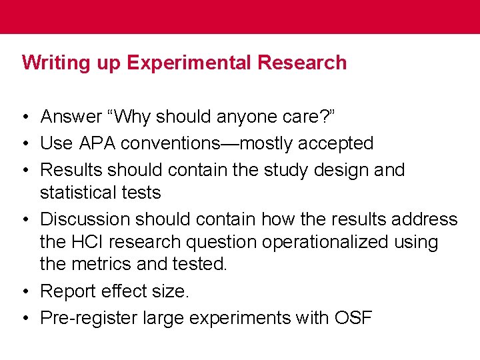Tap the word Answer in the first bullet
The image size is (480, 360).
(x=70, y=117)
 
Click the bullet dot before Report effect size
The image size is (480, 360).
(x=24, y=292)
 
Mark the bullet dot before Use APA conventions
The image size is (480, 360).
(x=24, y=143)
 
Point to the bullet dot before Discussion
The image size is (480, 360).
(x=24, y=219)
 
